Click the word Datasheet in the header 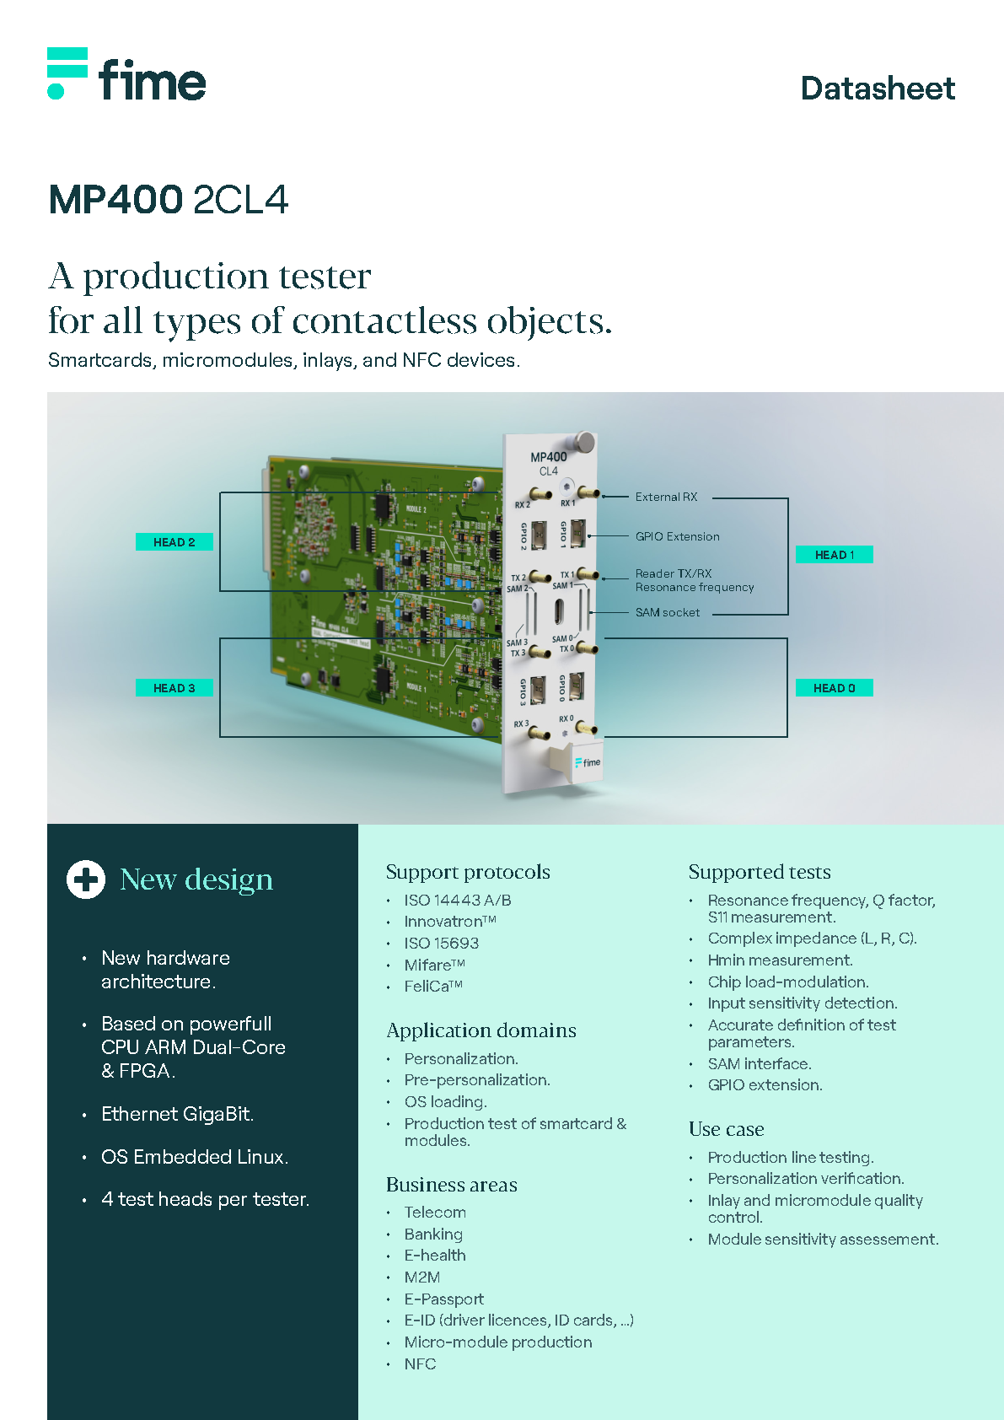878,89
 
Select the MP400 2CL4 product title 169,200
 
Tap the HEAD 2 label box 174,542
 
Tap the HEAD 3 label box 174,688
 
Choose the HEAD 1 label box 834,555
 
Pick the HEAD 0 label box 834,688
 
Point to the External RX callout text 666,498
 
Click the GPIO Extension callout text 677,536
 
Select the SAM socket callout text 667,613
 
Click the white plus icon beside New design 86,879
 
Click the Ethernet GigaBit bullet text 177,1114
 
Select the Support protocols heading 468,872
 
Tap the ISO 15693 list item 441,943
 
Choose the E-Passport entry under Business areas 443,1299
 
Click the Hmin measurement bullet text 780,960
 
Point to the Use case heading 726,1129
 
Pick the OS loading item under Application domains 445,1102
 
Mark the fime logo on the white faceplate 588,762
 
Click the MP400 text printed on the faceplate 549,457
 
